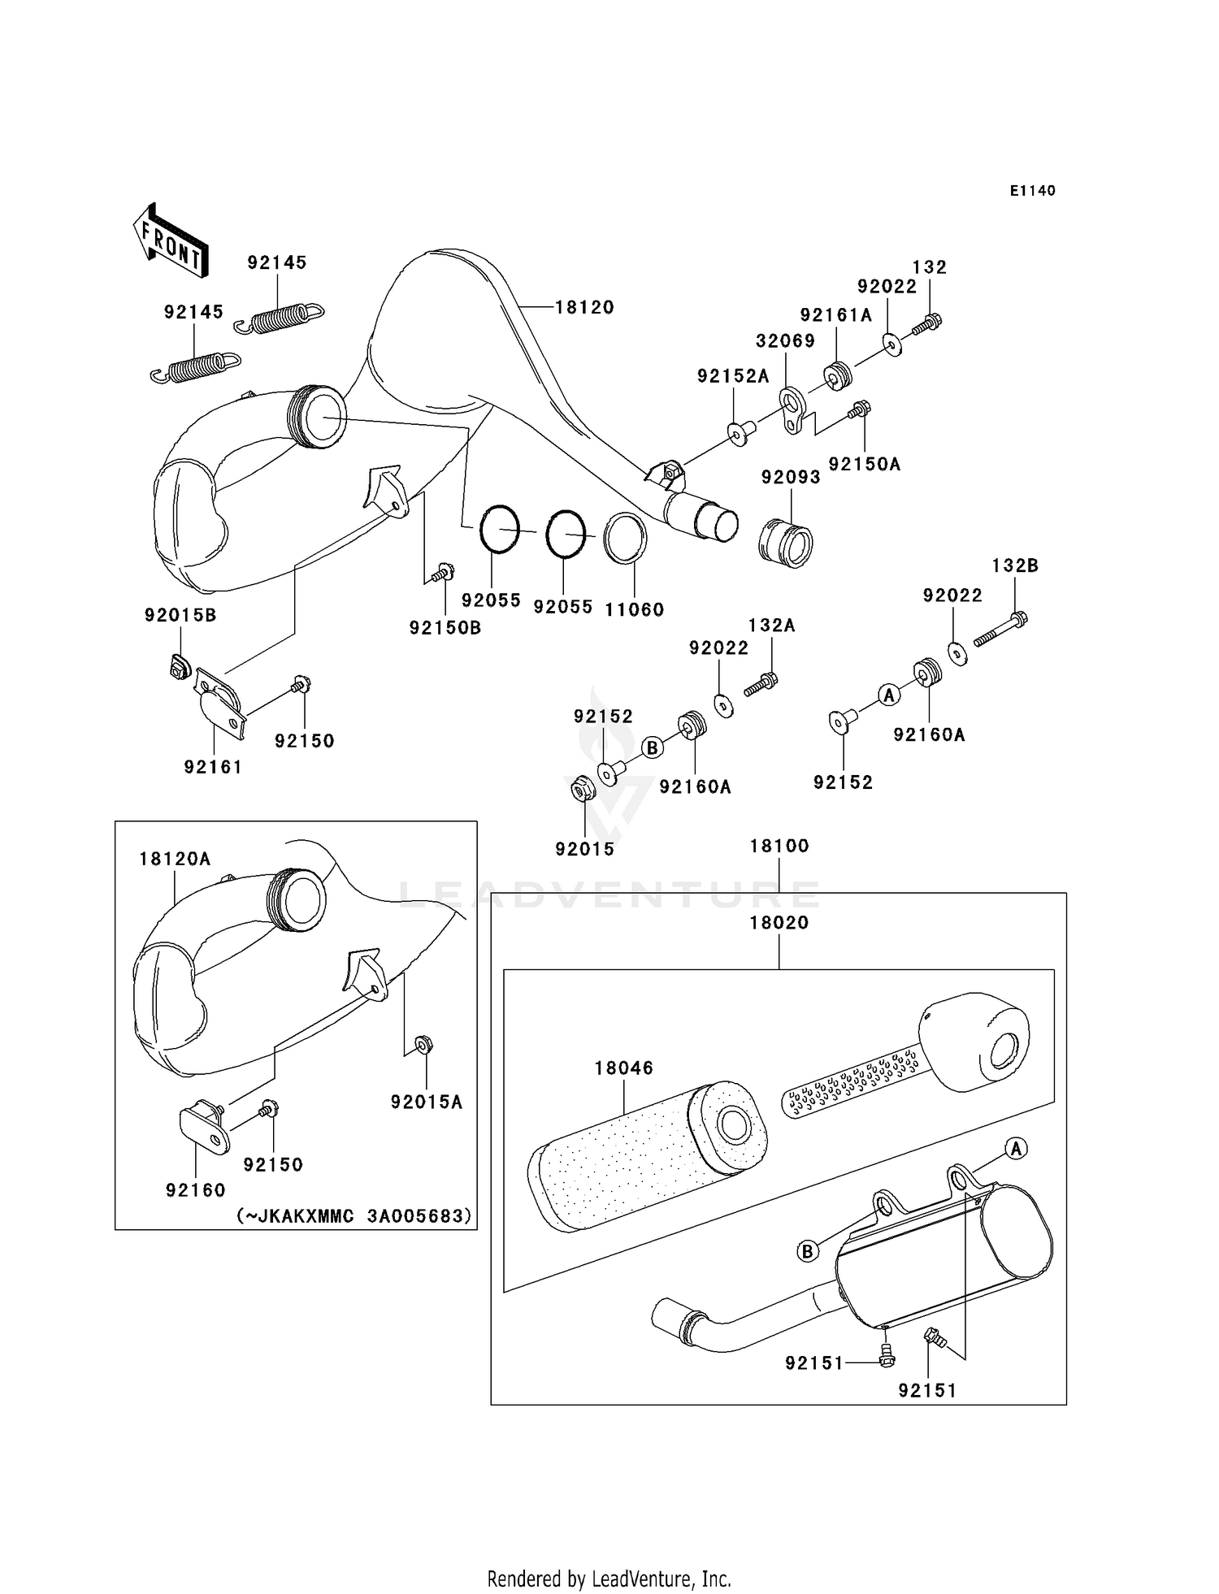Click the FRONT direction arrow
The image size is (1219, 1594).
(x=171, y=242)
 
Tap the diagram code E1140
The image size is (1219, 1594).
(x=1032, y=191)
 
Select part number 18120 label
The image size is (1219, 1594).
(x=584, y=307)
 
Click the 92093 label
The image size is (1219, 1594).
(x=790, y=477)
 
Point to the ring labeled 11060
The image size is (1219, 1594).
(x=626, y=537)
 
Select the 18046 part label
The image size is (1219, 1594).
(x=623, y=1068)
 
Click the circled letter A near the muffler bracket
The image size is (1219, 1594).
(x=1015, y=1148)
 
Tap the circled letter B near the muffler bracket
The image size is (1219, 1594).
(x=807, y=1251)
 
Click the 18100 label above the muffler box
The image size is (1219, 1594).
(x=779, y=846)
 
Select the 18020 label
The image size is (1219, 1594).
(x=779, y=922)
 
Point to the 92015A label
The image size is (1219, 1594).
(x=426, y=1102)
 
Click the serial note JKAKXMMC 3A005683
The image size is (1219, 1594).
(x=354, y=1216)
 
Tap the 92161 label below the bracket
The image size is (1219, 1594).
(x=213, y=766)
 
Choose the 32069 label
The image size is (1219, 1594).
(x=785, y=340)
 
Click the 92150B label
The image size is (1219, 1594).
(x=445, y=627)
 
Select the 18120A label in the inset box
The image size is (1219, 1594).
(x=174, y=859)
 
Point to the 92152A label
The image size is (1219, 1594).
(x=732, y=375)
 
